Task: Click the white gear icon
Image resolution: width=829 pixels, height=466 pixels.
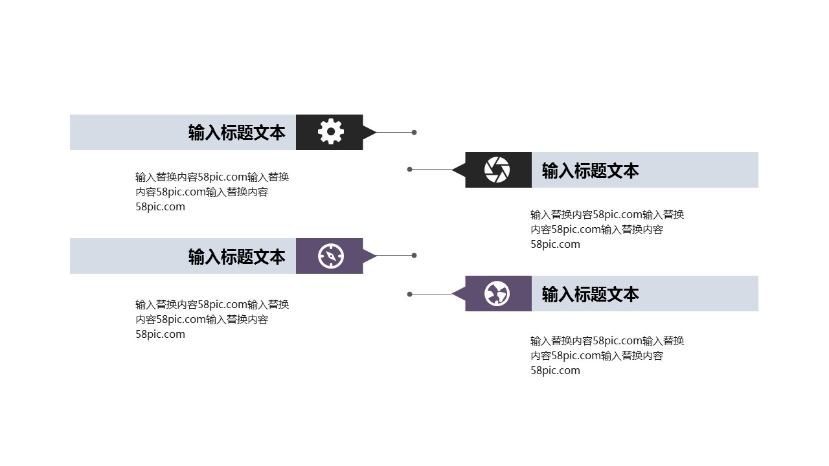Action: [x=331, y=132]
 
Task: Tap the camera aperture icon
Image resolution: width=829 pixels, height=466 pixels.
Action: [x=497, y=170]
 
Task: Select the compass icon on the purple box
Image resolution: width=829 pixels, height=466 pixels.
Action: [x=331, y=256]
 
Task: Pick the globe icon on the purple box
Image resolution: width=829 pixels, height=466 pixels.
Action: [x=497, y=294]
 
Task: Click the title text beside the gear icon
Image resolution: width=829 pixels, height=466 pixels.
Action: [x=236, y=133]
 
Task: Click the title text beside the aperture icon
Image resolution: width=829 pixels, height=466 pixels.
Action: [x=590, y=170]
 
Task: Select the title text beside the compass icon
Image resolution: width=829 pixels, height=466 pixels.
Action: [x=236, y=256]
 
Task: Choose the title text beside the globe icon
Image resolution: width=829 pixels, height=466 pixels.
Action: [x=590, y=294]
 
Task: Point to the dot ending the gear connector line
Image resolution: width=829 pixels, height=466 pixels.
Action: [x=414, y=133]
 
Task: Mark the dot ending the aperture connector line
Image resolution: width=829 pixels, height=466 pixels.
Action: [x=410, y=170]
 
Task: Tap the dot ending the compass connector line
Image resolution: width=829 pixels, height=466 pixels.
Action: [x=414, y=256]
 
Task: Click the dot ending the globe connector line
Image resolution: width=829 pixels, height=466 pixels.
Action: [x=410, y=294]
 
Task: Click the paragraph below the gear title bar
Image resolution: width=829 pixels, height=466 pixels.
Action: [x=212, y=192]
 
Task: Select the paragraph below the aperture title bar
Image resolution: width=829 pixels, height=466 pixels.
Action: [x=607, y=229]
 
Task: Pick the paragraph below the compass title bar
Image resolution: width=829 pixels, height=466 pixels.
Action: [x=212, y=319]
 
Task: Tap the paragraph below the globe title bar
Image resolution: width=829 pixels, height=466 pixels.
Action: [x=607, y=355]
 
